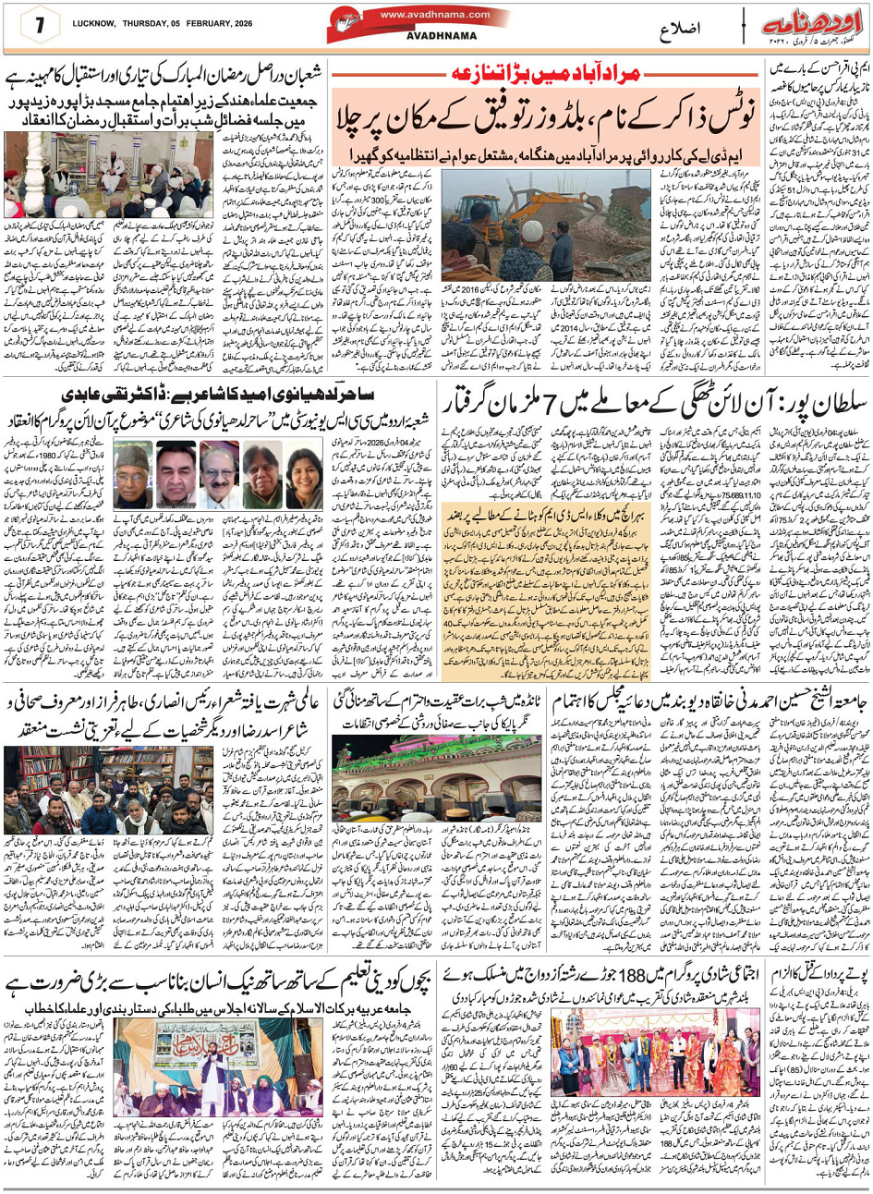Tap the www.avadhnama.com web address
[433, 14]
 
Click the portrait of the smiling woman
[305, 473]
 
